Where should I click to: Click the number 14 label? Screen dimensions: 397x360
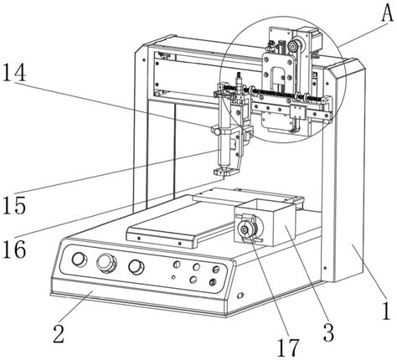14,72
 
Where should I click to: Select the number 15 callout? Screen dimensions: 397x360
14,205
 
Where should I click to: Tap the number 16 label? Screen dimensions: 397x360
14,249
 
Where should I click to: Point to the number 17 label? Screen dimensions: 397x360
288,347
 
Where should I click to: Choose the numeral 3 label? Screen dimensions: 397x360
328,332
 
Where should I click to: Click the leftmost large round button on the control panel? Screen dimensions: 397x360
80,260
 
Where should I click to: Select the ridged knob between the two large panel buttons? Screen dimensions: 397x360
106,263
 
